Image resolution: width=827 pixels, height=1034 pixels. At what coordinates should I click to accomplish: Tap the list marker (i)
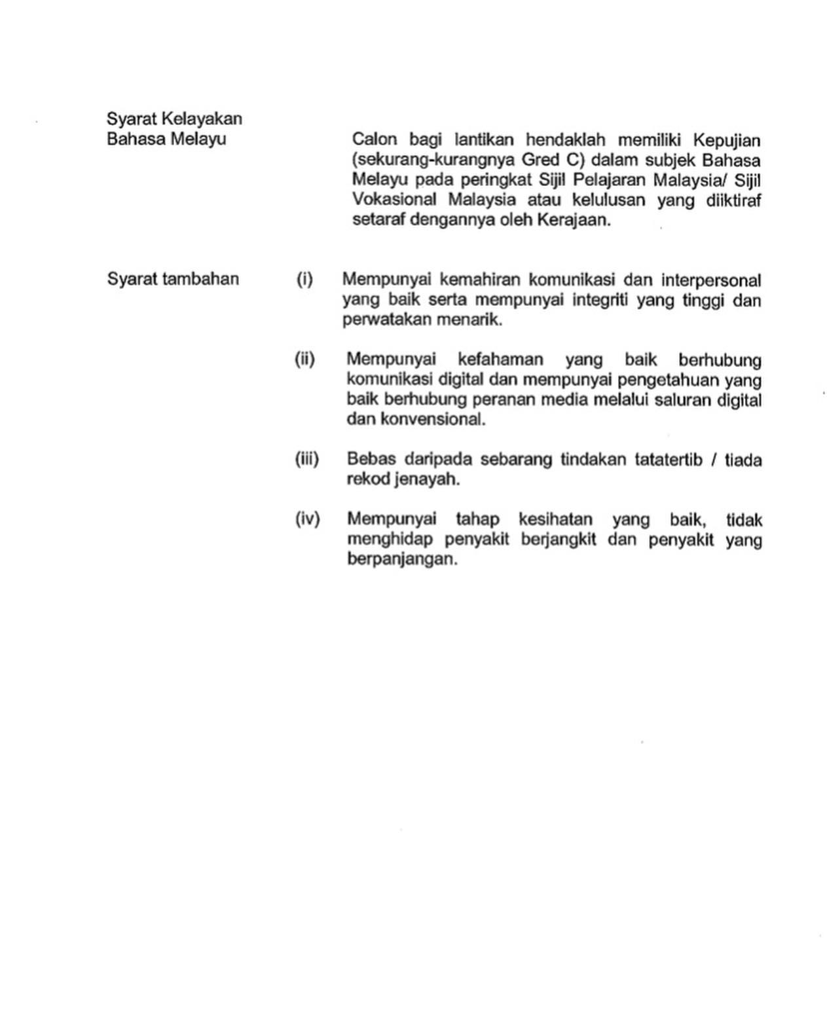click(304, 280)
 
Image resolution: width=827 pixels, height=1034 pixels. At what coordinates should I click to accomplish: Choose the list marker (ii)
click(304, 359)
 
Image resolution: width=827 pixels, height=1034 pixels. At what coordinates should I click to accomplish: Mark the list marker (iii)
click(306, 459)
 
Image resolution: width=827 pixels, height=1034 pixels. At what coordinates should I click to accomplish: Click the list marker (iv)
click(307, 519)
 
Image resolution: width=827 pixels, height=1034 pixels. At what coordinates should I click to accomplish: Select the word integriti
click(600, 301)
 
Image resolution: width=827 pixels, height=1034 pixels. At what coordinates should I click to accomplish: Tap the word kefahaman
click(500, 360)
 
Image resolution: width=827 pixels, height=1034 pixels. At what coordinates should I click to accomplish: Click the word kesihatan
click(555, 520)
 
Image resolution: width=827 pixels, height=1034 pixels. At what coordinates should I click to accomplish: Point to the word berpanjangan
click(401, 559)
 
